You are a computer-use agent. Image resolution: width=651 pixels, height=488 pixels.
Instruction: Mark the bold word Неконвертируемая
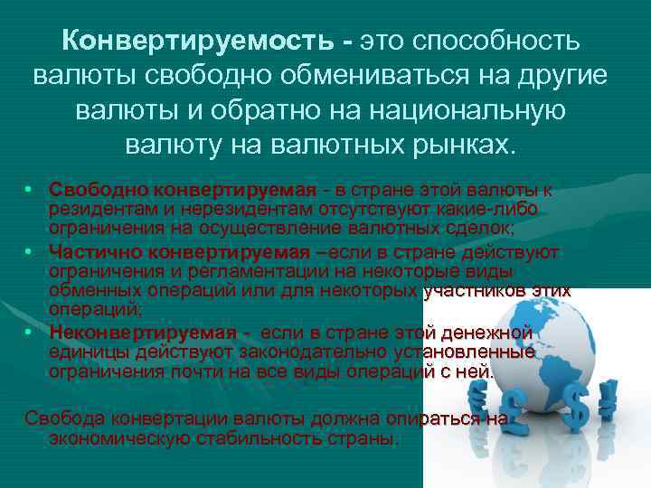pos(143,332)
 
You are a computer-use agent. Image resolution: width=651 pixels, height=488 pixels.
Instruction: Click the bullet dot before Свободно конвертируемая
pos(29,192)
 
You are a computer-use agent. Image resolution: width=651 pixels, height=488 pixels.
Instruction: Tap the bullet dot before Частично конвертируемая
pos(29,252)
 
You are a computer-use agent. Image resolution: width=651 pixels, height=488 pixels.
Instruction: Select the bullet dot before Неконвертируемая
pos(29,332)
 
